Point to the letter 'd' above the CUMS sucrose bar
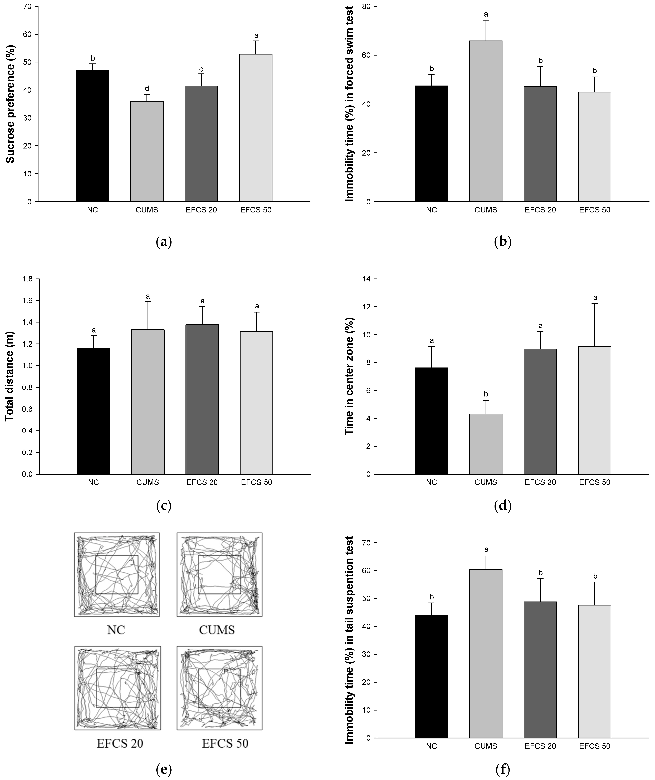click(147, 88)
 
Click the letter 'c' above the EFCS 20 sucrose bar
click(201, 69)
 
